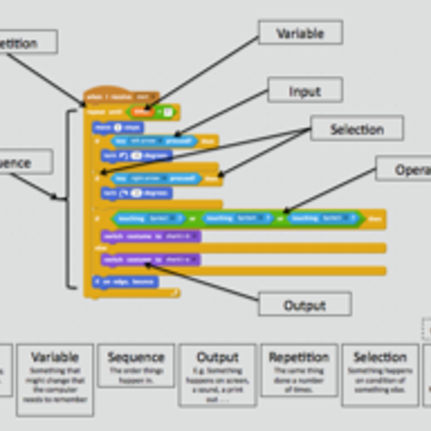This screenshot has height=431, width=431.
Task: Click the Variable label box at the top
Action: [x=300, y=33]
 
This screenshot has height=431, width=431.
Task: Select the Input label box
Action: [x=305, y=91]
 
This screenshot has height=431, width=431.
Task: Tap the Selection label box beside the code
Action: [x=356, y=129]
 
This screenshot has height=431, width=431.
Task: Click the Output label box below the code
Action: [x=305, y=305]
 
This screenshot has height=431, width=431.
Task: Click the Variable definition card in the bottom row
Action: [x=55, y=379]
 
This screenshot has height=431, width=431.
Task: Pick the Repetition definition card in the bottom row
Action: [x=298, y=369]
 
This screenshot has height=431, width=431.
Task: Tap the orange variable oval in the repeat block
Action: [x=140, y=111]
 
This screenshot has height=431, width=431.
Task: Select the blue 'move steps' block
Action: [x=117, y=127]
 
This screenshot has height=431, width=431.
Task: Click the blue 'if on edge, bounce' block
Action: [x=124, y=282]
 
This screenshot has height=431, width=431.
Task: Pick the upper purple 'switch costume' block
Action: [x=150, y=236]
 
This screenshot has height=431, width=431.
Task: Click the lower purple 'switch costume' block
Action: [x=150, y=259]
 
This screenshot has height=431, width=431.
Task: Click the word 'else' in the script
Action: [x=100, y=248]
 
